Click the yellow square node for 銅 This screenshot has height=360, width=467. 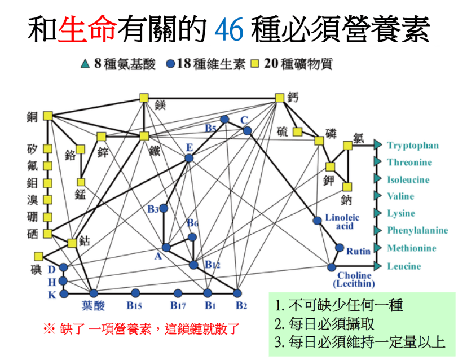pos(48,116)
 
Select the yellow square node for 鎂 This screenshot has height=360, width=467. pos(144,98)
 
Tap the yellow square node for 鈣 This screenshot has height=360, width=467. pos(280,98)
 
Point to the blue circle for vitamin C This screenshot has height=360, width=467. pos(247,131)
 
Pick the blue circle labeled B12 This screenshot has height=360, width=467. pos(193,265)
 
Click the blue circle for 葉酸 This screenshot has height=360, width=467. pos(94,293)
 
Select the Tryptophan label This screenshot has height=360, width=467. pos(413,146)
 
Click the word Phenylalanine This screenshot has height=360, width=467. pos(417,230)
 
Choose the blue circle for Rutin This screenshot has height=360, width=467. pos(340,247)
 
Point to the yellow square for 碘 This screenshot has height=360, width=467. pos(38,256)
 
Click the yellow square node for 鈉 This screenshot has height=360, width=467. pos(347,187)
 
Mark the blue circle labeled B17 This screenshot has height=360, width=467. pos(178,293)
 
